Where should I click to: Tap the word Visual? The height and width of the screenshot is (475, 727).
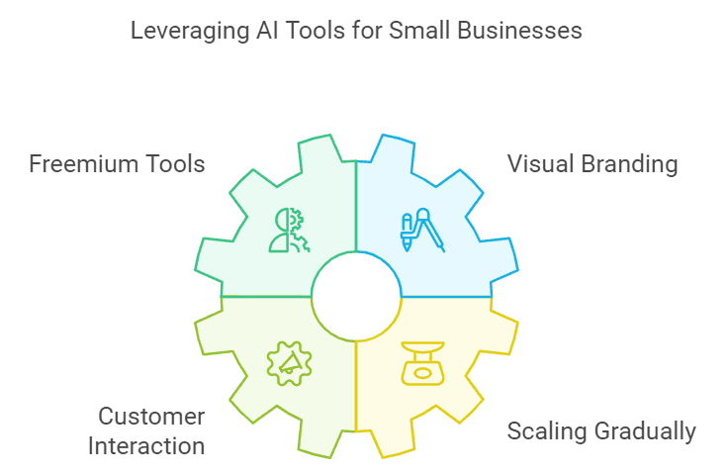[540, 163]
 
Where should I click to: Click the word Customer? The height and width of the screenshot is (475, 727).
[150, 417]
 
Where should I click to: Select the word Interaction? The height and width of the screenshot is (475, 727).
[146, 445]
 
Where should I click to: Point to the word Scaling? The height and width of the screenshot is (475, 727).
[544, 432]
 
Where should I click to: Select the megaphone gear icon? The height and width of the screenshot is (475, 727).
[288, 363]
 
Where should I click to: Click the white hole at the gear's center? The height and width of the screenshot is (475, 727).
[356, 295]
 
